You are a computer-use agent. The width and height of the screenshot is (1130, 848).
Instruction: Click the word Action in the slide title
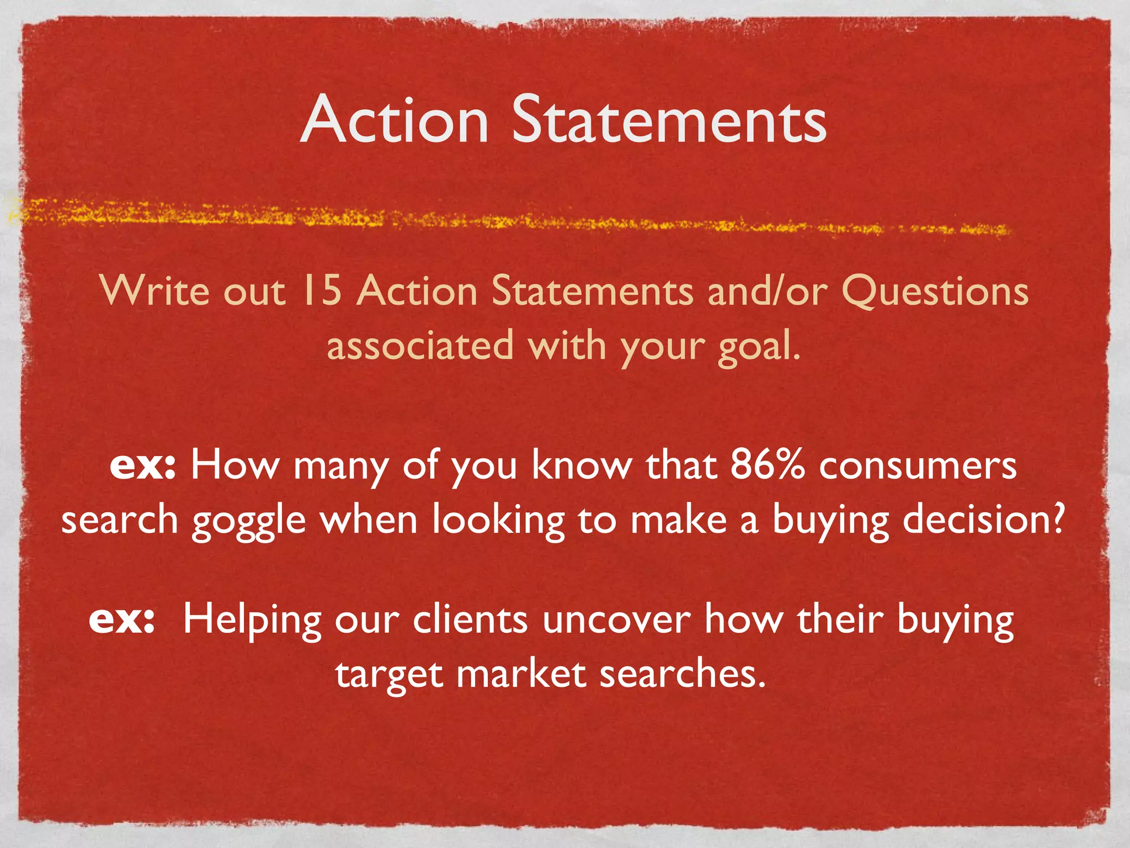(x=395, y=119)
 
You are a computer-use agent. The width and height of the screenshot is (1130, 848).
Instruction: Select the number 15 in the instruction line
(x=321, y=290)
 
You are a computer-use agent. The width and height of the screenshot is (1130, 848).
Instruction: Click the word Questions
(x=935, y=291)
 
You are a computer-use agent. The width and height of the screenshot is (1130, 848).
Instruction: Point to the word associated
(x=420, y=346)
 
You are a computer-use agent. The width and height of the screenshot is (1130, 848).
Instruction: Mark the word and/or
(x=767, y=290)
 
